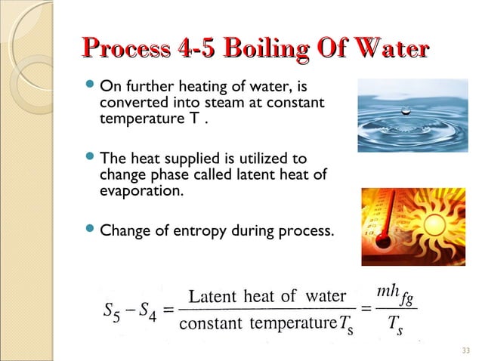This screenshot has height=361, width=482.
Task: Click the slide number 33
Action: pyautogui.click(x=465, y=350)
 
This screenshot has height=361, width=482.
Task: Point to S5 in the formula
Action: pyautogui.click(x=110, y=310)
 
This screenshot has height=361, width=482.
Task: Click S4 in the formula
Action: pyautogui.click(x=147, y=310)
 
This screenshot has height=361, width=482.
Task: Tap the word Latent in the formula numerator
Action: pyautogui.click(x=214, y=295)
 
